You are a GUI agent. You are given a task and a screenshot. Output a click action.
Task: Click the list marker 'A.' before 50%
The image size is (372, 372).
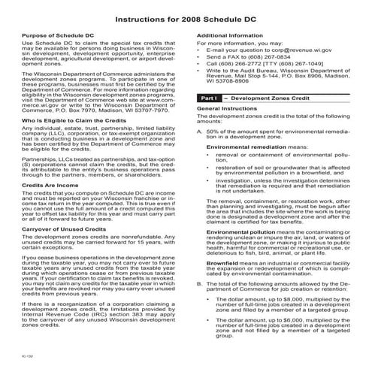point(198,131)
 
